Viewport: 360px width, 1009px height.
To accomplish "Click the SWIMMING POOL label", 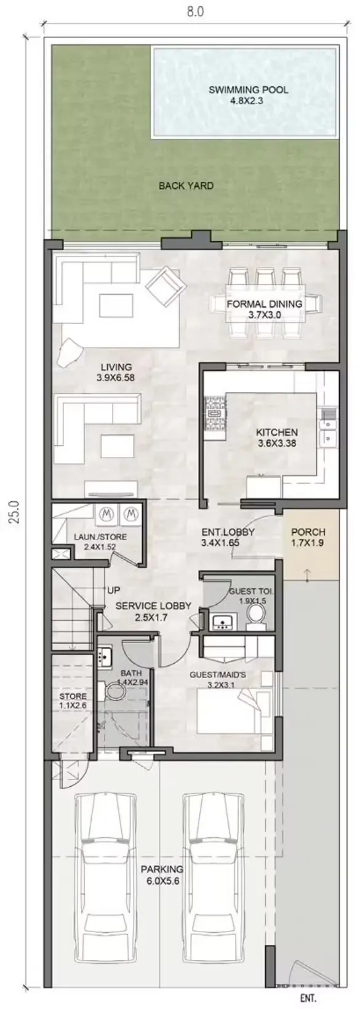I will (247, 90).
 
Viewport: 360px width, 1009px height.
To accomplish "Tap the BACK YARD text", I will (186, 185).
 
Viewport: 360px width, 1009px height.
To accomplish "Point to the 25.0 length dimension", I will (14, 512).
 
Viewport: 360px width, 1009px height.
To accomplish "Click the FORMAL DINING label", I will (264, 304).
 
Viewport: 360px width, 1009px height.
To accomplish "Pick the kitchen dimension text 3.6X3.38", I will (276, 443).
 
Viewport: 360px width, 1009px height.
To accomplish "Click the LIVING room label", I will (116, 367).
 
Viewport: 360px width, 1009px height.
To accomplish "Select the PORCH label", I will (308, 532).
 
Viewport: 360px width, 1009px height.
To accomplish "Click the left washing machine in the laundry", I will (105, 512).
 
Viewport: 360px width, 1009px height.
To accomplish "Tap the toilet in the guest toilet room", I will (255, 612).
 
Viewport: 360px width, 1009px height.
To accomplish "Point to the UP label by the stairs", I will (114, 590).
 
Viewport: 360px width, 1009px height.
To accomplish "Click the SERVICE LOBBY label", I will (153, 606).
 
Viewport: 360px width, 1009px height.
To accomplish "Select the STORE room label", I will (73, 696).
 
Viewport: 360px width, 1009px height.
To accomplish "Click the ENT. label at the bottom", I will (308, 998).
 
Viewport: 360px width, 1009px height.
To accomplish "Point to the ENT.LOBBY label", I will (228, 532).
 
